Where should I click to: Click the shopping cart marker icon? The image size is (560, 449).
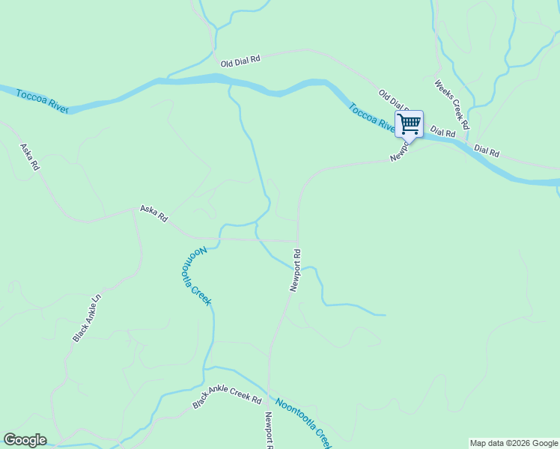click(409, 123)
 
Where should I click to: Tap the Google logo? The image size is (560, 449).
click(25, 440)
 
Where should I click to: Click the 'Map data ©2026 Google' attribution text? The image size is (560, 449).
click(514, 443)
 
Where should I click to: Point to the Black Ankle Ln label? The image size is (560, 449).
click(87, 319)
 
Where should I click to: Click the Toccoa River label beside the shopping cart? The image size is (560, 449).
click(371, 117)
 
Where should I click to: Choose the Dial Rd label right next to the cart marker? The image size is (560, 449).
click(443, 132)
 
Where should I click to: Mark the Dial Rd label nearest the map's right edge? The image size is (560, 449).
click(487, 151)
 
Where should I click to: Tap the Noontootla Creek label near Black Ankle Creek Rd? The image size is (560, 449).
click(302, 421)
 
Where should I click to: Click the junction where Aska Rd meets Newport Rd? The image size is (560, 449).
click(297, 241)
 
